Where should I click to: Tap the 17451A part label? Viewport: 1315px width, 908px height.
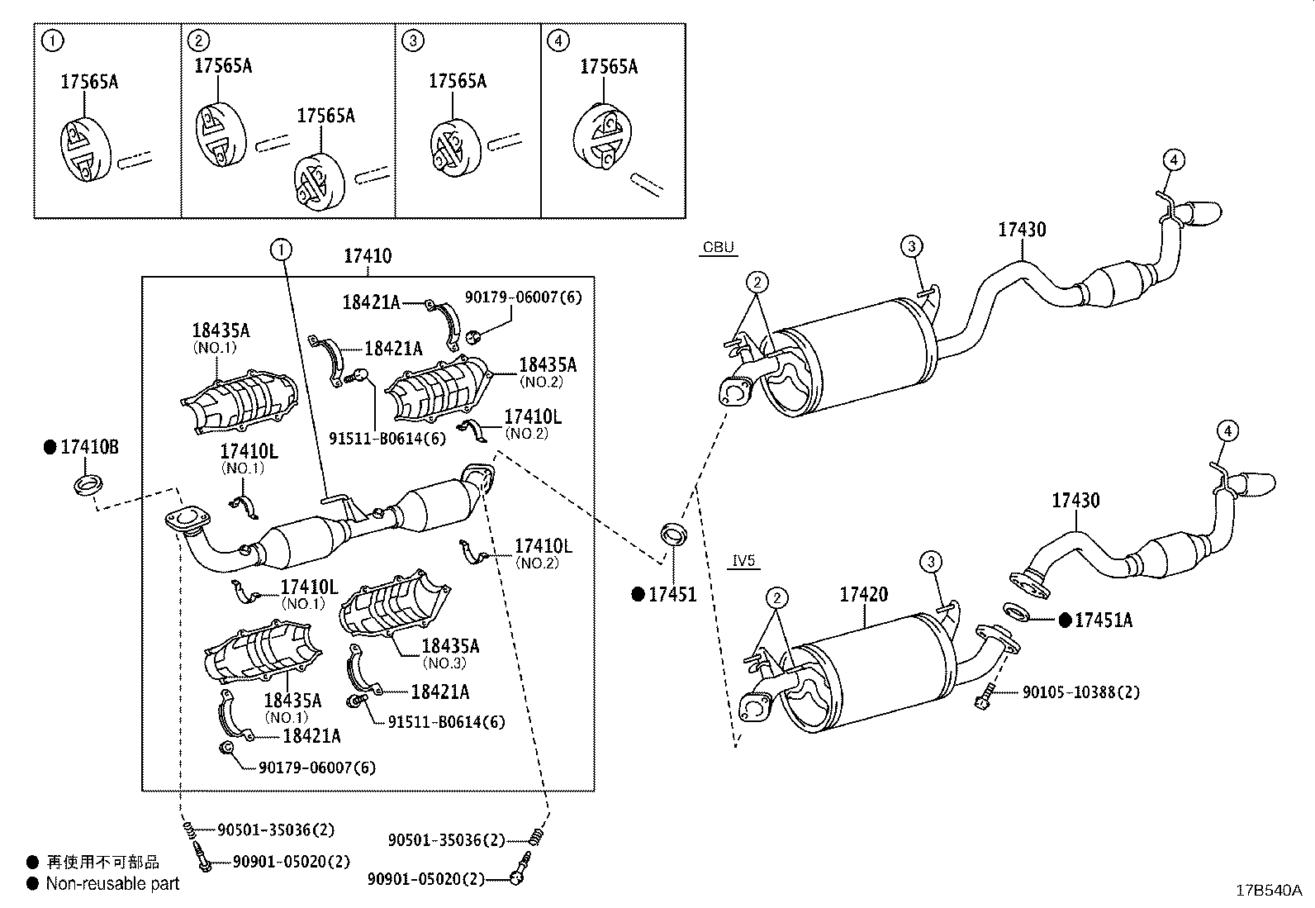point(1103,620)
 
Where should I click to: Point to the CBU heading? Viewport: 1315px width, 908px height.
point(718,247)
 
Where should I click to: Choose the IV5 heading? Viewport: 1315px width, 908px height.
point(743,561)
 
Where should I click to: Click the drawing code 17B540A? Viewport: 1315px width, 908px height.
point(1268,890)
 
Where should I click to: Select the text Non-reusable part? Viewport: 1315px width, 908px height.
point(112,883)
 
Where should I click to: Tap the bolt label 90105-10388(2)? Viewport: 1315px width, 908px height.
point(1080,692)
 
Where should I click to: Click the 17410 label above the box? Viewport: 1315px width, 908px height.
point(368,256)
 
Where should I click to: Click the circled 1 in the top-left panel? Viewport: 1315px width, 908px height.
point(52,40)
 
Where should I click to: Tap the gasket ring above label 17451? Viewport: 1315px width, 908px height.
point(674,535)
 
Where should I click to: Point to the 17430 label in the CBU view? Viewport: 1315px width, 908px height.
point(1022,229)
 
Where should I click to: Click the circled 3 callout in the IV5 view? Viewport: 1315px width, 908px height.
point(930,562)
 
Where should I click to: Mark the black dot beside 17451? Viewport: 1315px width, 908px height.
point(638,594)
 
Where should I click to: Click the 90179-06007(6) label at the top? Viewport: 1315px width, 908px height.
point(523,297)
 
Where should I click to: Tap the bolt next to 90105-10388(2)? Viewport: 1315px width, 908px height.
point(982,699)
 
